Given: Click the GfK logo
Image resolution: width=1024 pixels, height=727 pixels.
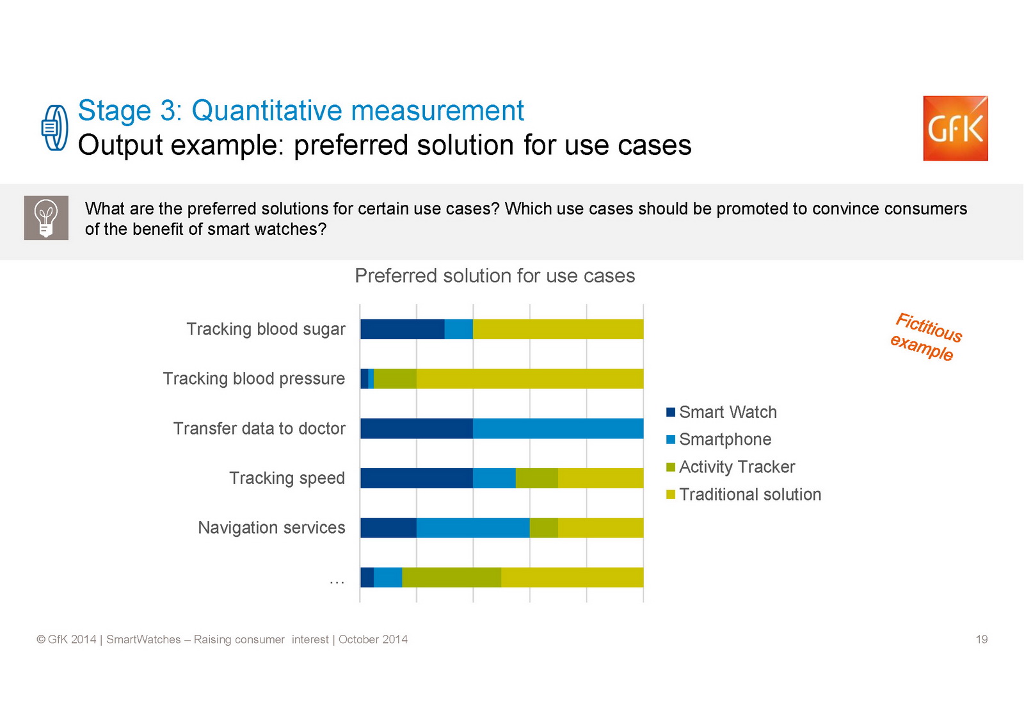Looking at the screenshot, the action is point(956,128).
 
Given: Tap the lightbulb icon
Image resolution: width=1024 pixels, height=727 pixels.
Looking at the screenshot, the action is point(46,218).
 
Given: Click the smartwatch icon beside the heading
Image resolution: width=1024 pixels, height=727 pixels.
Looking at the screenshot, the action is point(55,127).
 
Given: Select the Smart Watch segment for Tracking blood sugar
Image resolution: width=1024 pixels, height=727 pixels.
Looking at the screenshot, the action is point(403,329).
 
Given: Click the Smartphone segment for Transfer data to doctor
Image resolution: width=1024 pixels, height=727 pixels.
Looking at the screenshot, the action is point(558,428).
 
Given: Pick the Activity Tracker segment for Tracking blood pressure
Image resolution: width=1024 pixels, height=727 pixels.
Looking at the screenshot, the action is point(395,379).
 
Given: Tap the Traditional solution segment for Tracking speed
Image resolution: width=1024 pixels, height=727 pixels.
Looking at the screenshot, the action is point(601,478).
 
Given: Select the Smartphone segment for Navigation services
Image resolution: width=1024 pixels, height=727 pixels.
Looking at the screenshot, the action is point(473,527).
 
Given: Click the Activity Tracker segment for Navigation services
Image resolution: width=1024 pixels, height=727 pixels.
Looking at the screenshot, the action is point(544,527).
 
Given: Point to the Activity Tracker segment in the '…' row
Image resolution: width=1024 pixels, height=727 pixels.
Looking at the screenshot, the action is point(452,577).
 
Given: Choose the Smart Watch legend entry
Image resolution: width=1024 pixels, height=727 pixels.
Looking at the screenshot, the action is point(721,412).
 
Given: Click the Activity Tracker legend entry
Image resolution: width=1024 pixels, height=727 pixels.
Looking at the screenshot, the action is point(730,467).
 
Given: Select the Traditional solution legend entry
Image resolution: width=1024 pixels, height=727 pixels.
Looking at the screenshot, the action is point(744,494).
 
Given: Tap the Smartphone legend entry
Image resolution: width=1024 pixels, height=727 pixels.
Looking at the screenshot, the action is point(719,440).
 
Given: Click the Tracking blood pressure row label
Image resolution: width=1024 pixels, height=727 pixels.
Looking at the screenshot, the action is point(254,379).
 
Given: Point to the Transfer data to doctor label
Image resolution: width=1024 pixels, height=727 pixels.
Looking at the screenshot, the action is point(259,428).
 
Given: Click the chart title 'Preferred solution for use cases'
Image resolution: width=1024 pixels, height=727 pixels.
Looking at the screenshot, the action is point(495,276).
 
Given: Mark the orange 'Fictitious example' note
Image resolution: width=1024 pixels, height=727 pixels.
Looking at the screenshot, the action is point(926,337).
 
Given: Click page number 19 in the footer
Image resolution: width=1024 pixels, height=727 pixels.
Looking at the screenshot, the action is point(982,639).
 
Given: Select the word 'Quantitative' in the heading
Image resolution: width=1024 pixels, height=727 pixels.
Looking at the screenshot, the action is point(266,111).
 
